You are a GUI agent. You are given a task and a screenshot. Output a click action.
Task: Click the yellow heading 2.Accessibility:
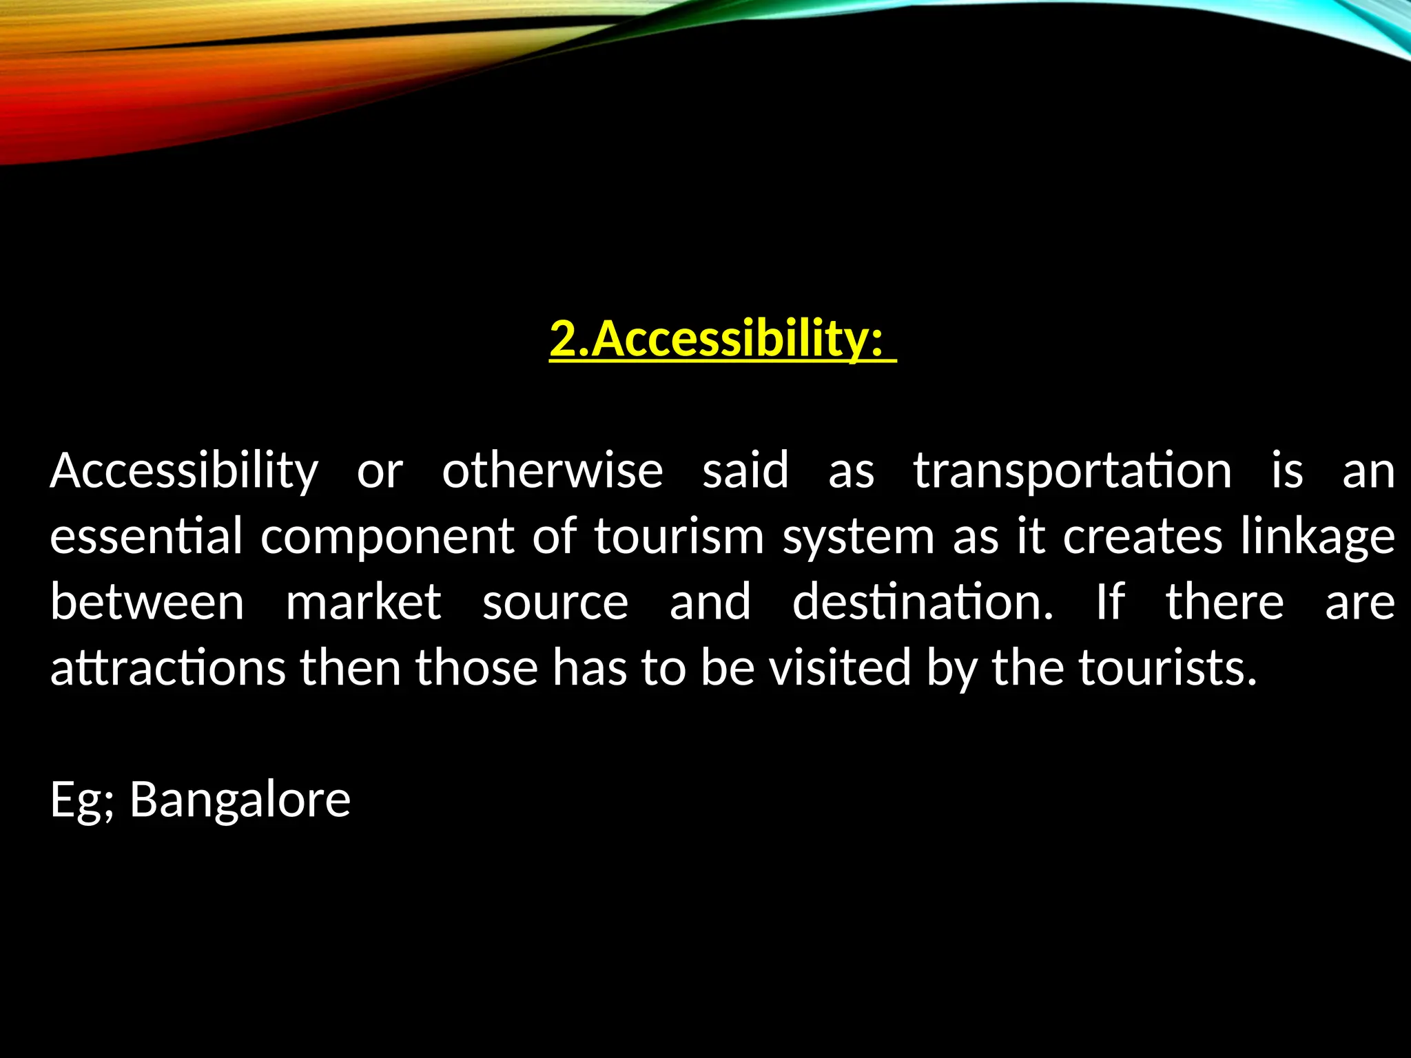click(x=722, y=339)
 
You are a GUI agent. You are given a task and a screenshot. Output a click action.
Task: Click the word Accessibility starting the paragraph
click(x=184, y=471)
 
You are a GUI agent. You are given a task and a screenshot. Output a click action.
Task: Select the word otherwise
click(x=553, y=471)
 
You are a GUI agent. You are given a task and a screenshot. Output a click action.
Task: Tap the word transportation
click(x=1072, y=471)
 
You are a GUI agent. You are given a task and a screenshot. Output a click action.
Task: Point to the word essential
click(x=146, y=536)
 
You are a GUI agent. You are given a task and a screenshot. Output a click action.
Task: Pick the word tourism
click(x=679, y=536)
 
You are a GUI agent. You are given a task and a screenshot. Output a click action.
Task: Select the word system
click(x=858, y=537)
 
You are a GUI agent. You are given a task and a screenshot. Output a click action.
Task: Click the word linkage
click(x=1317, y=537)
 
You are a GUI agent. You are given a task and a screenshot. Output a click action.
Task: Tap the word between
click(x=147, y=602)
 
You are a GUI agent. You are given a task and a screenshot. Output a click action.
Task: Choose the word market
click(x=363, y=602)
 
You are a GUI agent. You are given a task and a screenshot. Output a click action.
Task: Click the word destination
click(x=923, y=602)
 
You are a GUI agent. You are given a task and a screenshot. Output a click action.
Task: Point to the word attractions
click(x=168, y=668)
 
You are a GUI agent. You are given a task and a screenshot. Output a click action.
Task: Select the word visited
click(x=840, y=667)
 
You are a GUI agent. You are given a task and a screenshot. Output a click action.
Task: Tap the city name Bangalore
click(x=240, y=800)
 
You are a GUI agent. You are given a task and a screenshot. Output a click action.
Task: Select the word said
click(x=745, y=471)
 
